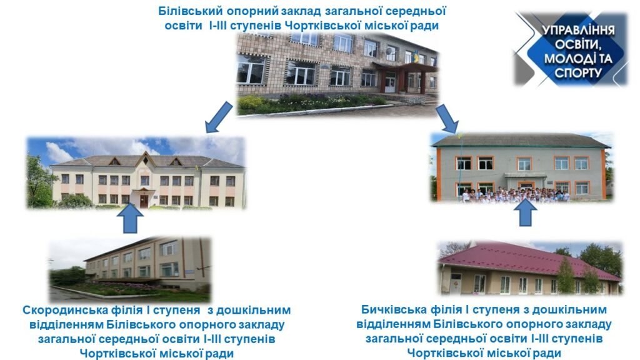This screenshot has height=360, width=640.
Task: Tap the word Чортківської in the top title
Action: tap(323, 26)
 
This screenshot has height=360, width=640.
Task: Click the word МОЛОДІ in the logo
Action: tap(565, 59)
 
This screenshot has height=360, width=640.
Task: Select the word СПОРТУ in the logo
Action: tap(578, 73)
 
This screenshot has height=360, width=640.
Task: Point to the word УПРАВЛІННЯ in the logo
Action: tap(578, 30)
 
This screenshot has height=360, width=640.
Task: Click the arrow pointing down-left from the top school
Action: tap(219, 117)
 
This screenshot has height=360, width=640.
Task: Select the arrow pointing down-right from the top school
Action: tap(447, 119)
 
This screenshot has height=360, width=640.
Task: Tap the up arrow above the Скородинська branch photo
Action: tap(130, 218)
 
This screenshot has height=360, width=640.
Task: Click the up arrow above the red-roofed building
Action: tap(525, 212)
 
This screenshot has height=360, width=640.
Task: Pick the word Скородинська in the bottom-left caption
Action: tap(65, 310)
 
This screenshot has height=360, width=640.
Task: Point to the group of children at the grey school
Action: tap(516, 195)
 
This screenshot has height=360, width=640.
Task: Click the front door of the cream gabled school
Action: tap(144, 201)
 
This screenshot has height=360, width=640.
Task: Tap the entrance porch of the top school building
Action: tap(404, 77)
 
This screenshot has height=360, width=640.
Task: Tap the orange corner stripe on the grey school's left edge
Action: tap(439, 174)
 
